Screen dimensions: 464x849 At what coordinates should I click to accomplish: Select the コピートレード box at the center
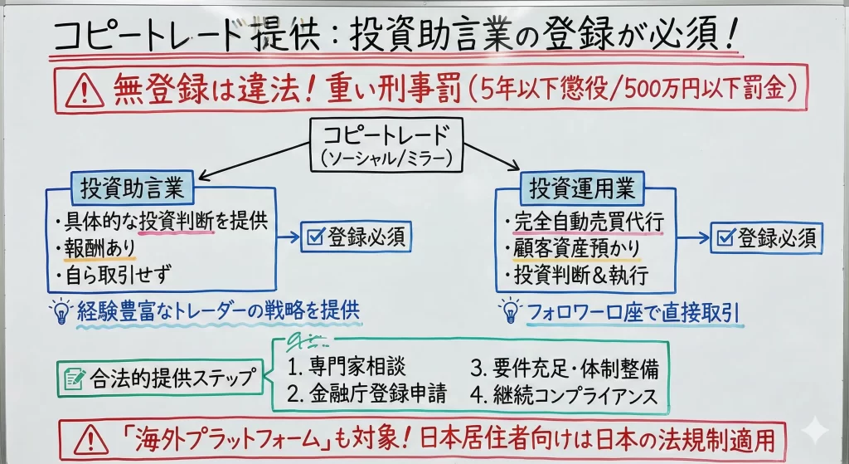[x=383, y=145]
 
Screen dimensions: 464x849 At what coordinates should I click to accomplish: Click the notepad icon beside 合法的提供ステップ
[x=72, y=379]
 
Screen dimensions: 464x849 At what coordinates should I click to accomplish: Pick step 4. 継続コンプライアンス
[x=565, y=394]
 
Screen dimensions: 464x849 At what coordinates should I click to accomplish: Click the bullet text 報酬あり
[x=99, y=247]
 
